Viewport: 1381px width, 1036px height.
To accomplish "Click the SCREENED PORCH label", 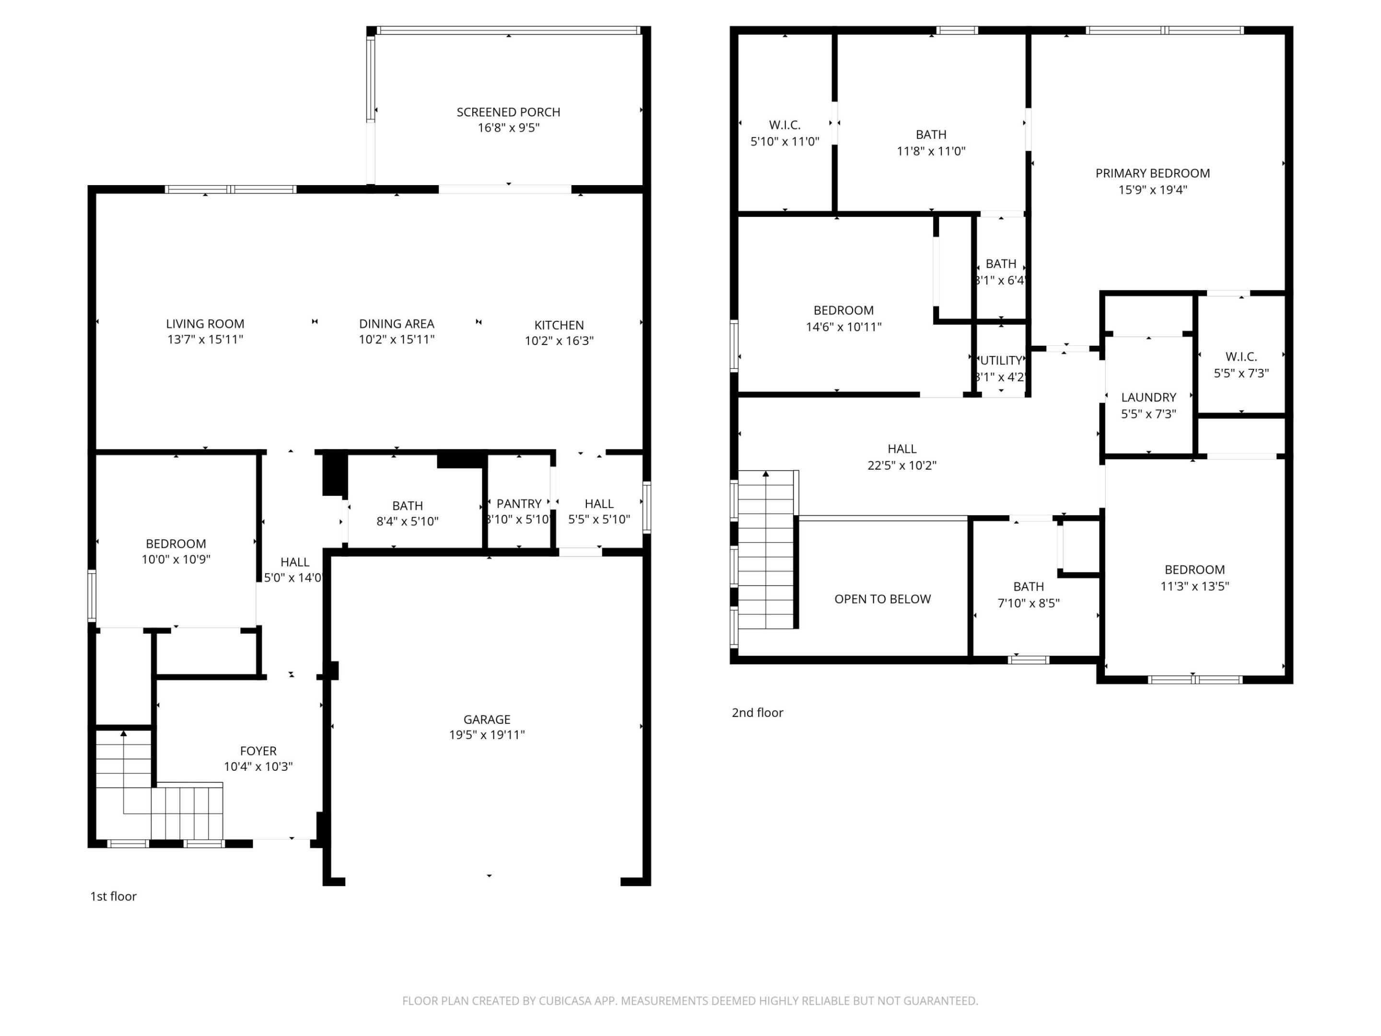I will (508, 112).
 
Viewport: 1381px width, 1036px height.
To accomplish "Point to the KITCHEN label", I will (559, 325).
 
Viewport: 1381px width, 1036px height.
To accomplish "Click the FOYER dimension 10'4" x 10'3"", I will (258, 767).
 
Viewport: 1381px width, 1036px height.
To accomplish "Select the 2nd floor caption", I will (757, 713).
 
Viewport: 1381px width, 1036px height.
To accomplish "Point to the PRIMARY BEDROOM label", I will (1152, 174).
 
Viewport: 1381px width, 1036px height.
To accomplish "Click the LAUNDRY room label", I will (1148, 398).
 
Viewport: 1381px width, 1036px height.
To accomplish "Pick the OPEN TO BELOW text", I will (882, 600).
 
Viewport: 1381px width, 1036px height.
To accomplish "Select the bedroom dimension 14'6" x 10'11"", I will (843, 327).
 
